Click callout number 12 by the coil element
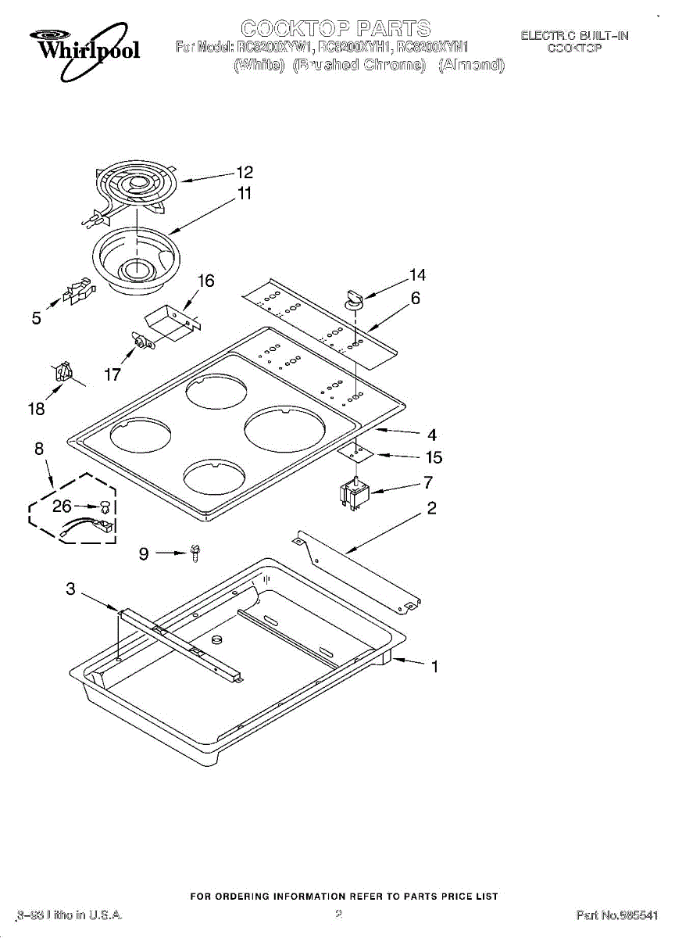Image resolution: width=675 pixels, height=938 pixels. tap(245, 173)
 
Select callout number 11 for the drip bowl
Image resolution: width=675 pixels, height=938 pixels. tap(245, 193)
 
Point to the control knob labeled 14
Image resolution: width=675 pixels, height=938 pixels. tap(352, 297)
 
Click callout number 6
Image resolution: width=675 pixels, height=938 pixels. tap(415, 298)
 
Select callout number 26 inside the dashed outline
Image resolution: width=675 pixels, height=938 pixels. tap(62, 507)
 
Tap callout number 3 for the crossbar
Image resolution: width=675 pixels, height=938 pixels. tap(70, 589)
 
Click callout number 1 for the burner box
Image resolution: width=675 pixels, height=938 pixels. tap(434, 667)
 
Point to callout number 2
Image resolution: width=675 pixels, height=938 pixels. tap(431, 509)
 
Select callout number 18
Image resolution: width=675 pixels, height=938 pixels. tap(36, 408)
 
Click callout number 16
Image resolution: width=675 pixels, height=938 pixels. tap(205, 281)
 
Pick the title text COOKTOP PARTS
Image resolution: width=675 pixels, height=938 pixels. tap(335, 30)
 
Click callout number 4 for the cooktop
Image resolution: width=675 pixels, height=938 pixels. tap(430, 435)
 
